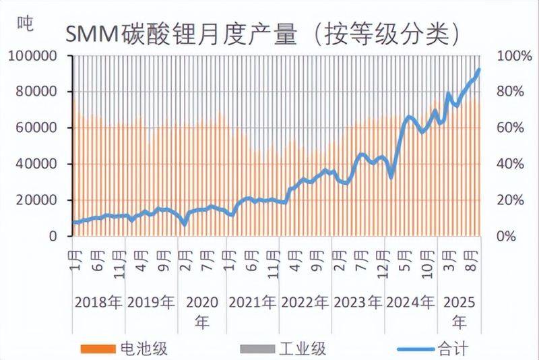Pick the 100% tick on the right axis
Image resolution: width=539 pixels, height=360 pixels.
[510, 56]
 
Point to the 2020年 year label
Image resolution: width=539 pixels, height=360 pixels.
[201, 311]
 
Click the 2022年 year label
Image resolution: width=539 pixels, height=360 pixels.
[305, 302]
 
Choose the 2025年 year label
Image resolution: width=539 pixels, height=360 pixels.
[459, 311]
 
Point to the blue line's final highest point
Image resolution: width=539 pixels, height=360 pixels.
[478, 69]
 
